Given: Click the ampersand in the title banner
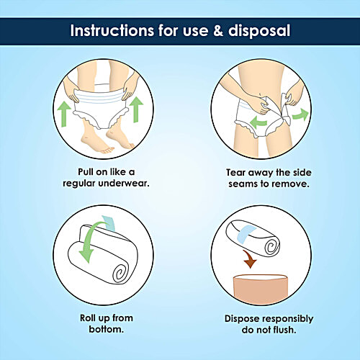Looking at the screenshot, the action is pyautogui.click(x=218, y=31).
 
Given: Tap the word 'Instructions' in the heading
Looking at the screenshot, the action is pyautogui.click(x=112, y=31).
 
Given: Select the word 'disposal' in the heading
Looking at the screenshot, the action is pyautogui.click(x=259, y=31).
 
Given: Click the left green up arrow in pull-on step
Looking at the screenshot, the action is pyautogui.click(x=64, y=114).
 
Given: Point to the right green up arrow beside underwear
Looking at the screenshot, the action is pyautogui.click(x=136, y=109).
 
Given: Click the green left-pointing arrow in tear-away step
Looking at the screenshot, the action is pyautogui.click(x=258, y=122).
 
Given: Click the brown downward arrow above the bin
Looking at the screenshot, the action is pyautogui.click(x=249, y=258).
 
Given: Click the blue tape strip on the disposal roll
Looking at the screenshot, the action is pyautogui.click(x=246, y=233).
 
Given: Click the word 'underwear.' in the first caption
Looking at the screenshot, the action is pyautogui.click(x=124, y=184).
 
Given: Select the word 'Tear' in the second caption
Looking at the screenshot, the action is pyautogui.click(x=236, y=173).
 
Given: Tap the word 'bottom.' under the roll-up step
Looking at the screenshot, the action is pyautogui.click(x=107, y=329).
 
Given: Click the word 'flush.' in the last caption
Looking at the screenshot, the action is pyautogui.click(x=282, y=330).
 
